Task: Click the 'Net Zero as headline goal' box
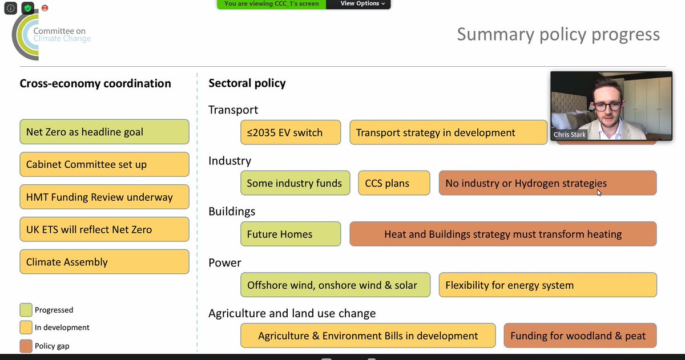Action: pyautogui.click(x=104, y=132)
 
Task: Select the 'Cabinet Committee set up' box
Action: pyautogui.click(x=104, y=164)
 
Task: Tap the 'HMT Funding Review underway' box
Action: pyautogui.click(x=104, y=197)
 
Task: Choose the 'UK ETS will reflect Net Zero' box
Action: pyautogui.click(x=104, y=230)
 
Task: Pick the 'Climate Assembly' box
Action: pyautogui.click(x=104, y=262)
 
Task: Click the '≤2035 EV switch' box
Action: pyautogui.click(x=291, y=132)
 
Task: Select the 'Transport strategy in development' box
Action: pyautogui.click(x=448, y=132)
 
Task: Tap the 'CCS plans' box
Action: pyautogui.click(x=394, y=183)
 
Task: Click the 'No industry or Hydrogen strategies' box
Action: pyautogui.click(x=547, y=183)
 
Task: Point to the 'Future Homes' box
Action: pyautogui.click(x=291, y=234)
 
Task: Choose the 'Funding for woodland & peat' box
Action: pyautogui.click(x=579, y=335)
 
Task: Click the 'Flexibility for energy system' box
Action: pyautogui.click(x=547, y=285)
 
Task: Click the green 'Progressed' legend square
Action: pyautogui.click(x=26, y=310)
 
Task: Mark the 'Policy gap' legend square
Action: pyautogui.click(x=26, y=346)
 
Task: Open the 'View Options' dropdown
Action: pyautogui.click(x=362, y=3)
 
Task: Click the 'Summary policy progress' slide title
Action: pyautogui.click(x=558, y=34)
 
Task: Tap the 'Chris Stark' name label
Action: pyautogui.click(x=570, y=135)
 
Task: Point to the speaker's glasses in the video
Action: pyautogui.click(x=607, y=106)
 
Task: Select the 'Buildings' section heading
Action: pyautogui.click(x=232, y=211)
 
